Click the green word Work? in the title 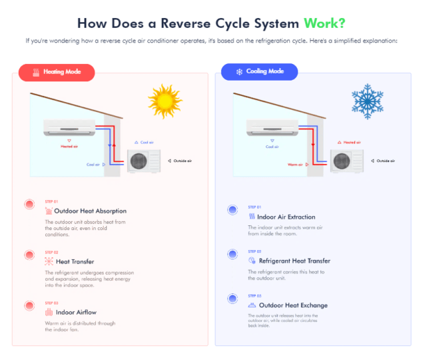(324, 23)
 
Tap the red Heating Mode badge (57, 71)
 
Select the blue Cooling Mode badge (260, 71)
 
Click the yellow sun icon (165, 101)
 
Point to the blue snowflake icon (368, 101)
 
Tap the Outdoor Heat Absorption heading (90, 211)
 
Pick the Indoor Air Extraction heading (286, 217)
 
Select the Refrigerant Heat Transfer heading (294, 261)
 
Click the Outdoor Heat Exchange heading (292, 305)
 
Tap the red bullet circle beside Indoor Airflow (29, 305)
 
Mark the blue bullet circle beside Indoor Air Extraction (232, 210)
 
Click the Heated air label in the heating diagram (69, 146)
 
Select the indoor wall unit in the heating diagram (69, 127)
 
